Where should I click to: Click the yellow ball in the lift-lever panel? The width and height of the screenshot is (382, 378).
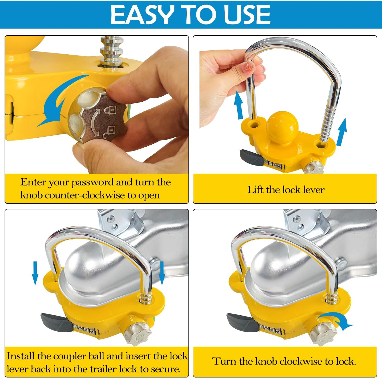point(282,127)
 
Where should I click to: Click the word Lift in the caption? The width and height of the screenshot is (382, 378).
point(255,190)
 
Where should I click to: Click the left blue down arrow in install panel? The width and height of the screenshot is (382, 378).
point(35,273)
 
